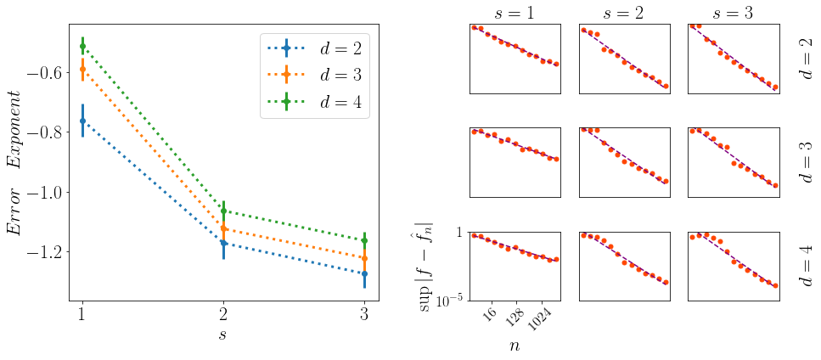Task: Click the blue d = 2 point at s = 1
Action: coord(82,121)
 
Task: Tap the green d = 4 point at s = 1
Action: coord(82,46)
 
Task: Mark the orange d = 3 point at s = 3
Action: coord(364,258)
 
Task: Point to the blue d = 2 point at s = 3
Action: coord(364,273)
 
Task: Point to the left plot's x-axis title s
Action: coord(223,335)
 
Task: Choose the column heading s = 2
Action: coord(624,12)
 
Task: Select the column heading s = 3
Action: coord(733,12)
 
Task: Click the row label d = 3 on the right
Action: coord(806,161)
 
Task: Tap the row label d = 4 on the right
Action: coord(806,265)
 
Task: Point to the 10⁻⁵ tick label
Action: coord(449,299)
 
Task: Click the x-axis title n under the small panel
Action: coord(515,345)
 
